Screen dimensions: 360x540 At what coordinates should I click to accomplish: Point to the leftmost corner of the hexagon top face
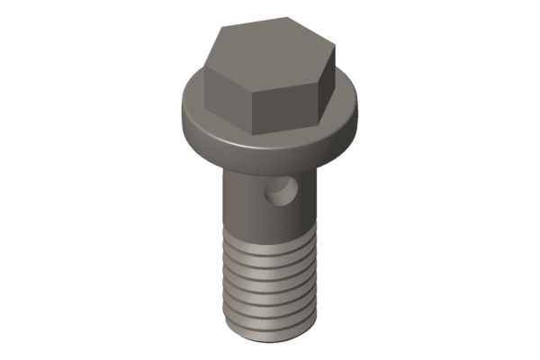[x=205, y=67]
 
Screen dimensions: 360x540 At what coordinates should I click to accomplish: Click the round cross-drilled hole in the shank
[x=282, y=192]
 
